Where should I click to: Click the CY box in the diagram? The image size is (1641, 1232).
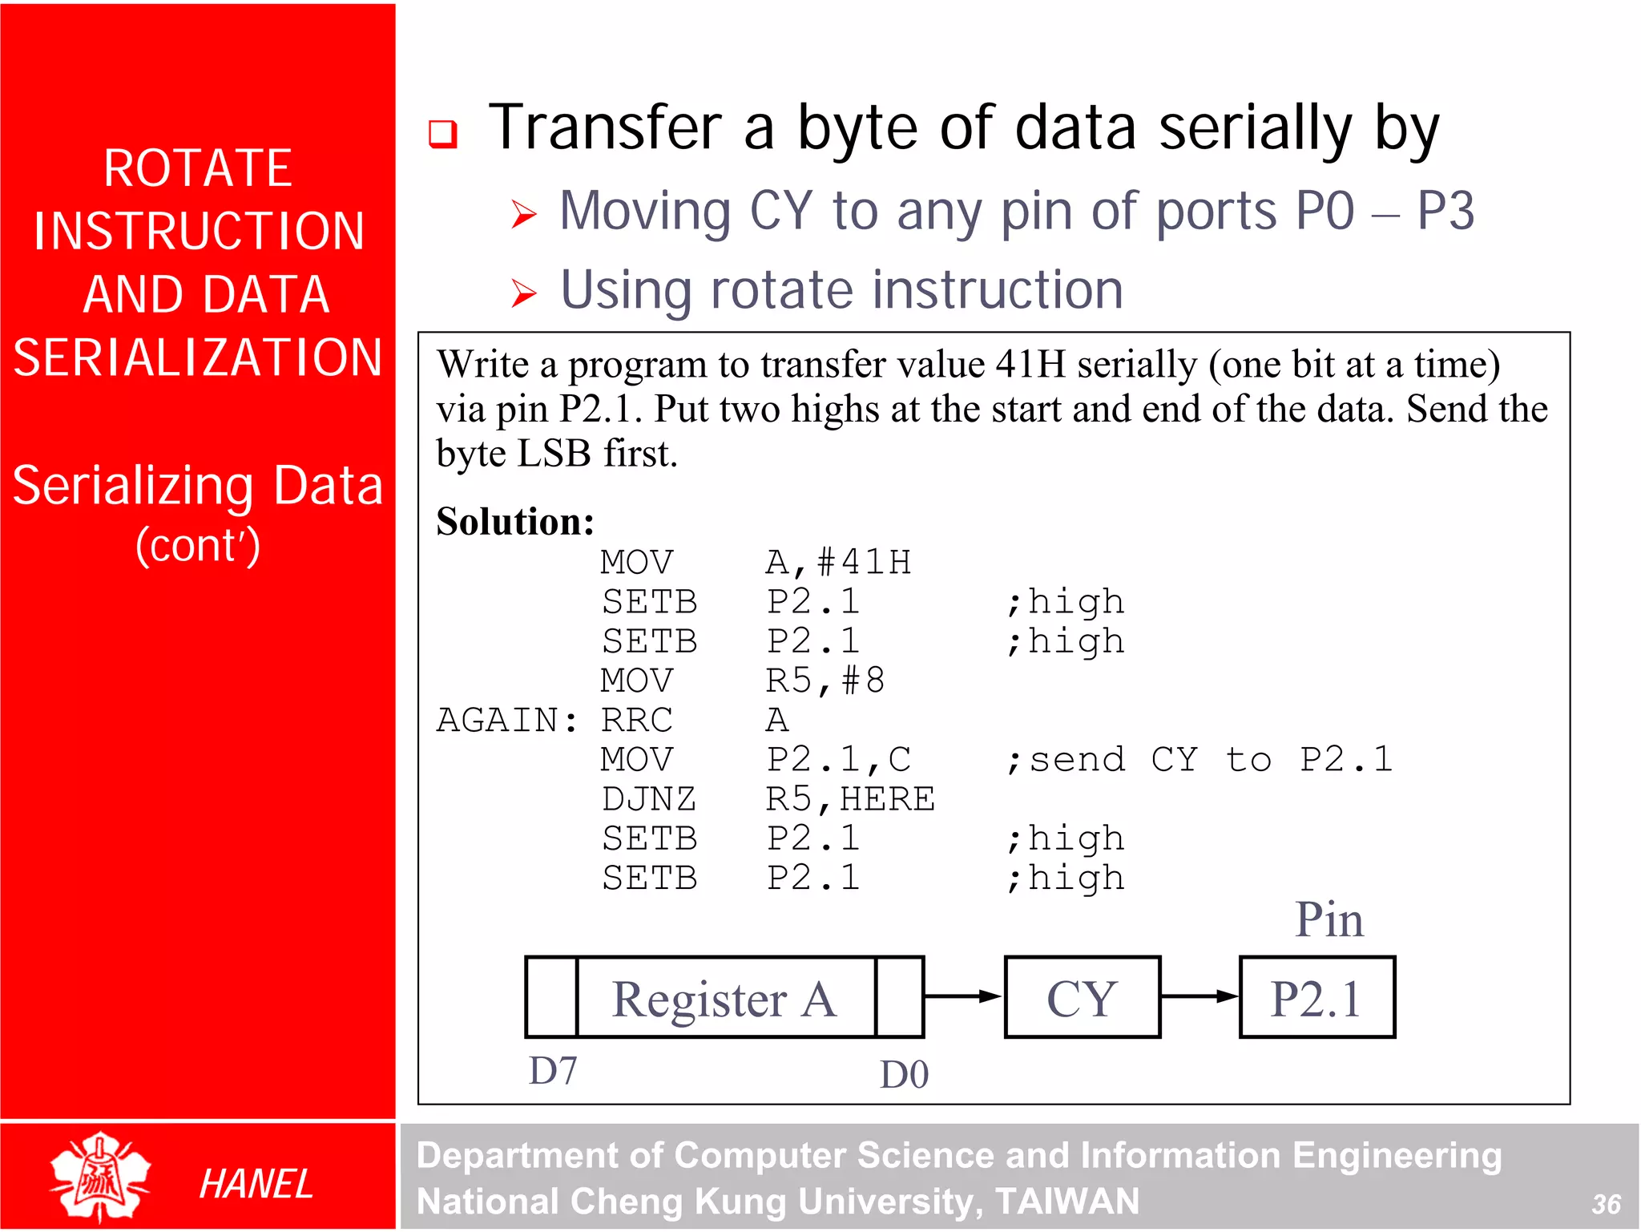[1082, 997]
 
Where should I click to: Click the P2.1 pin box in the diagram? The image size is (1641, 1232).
[1316, 997]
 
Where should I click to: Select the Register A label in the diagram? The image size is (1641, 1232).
[724, 999]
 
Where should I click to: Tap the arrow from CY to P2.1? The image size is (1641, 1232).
[1199, 996]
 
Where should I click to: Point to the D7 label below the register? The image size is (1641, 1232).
[553, 1071]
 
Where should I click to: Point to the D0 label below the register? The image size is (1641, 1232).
[904, 1075]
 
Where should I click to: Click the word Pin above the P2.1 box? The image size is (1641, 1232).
[1329, 919]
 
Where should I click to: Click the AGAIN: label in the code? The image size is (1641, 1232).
[507, 720]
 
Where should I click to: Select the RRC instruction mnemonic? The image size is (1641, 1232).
[637, 720]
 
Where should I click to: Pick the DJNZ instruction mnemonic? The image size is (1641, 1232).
[649, 799]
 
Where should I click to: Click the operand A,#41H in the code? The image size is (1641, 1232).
[838, 562]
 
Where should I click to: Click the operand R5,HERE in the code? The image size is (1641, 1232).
[850, 799]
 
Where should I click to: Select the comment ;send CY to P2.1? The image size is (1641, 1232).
[1199, 759]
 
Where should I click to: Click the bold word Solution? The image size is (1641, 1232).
[515, 522]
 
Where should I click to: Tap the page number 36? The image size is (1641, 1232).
[1606, 1204]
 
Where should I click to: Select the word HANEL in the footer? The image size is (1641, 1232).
[256, 1184]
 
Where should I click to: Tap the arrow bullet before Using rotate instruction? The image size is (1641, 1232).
[524, 293]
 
